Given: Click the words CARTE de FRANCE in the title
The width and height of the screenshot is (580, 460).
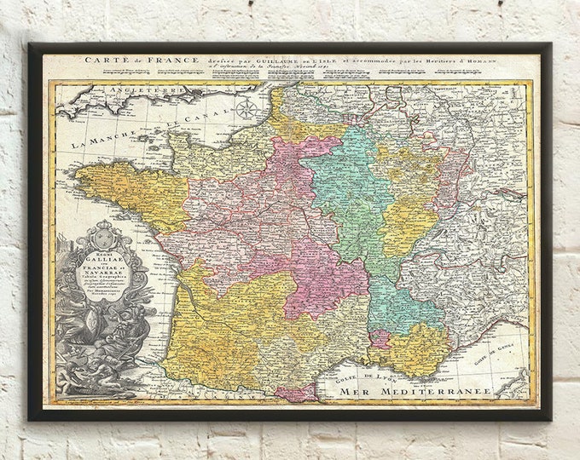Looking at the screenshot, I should click(142, 60).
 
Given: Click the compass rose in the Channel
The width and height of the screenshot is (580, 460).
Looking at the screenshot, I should click(246, 108).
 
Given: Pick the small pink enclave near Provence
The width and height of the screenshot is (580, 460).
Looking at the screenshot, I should click(380, 338).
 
